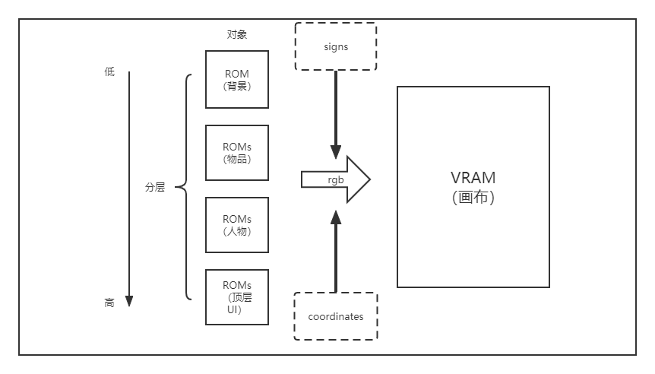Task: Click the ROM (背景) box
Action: point(237,79)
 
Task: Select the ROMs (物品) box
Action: point(237,153)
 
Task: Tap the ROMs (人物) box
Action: point(237,225)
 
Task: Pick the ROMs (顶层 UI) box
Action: point(237,296)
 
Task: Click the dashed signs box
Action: point(335,46)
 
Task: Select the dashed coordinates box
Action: point(335,316)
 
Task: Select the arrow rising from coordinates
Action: point(335,251)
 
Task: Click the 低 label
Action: point(109,72)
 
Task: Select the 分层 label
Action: point(155,187)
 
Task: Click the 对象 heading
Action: point(237,34)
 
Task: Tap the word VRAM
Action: point(473,178)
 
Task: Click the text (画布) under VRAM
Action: point(473,198)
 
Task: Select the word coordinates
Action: point(335,316)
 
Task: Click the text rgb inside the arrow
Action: point(335,180)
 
